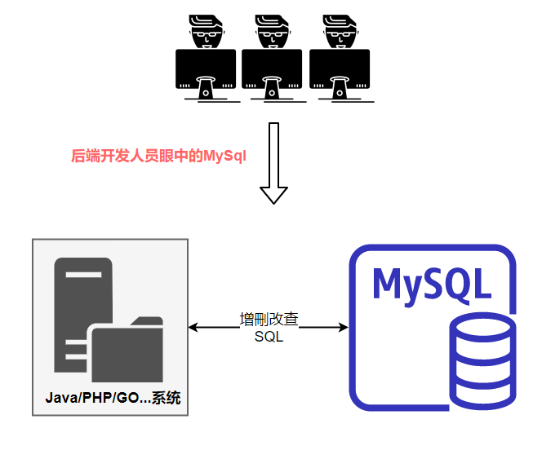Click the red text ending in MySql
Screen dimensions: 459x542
click(x=158, y=156)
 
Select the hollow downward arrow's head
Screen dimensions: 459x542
click(x=273, y=195)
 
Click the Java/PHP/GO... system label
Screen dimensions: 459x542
click(x=112, y=399)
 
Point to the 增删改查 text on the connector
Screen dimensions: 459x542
click(x=269, y=320)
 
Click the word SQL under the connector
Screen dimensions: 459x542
click(x=269, y=337)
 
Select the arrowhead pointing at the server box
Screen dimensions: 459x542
click(x=194, y=328)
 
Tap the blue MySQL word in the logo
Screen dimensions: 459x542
click(x=432, y=282)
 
